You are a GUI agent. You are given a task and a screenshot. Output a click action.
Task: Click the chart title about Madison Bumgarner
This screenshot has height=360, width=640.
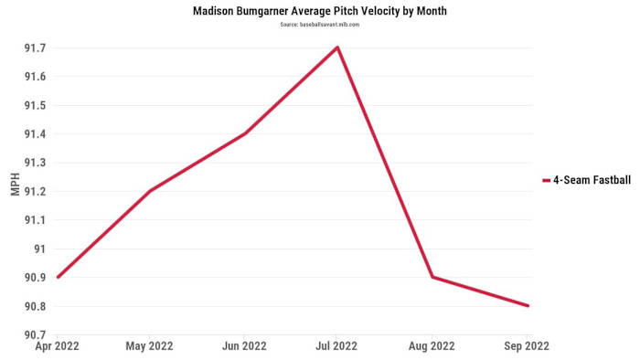320,11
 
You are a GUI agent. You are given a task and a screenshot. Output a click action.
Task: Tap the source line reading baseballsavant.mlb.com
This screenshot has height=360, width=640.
320,25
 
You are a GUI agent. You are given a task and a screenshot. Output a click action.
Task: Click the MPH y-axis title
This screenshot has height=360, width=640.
14,191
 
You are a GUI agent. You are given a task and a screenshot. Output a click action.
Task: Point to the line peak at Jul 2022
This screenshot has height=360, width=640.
338,48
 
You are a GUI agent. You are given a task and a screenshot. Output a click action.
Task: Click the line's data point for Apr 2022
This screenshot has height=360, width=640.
57,277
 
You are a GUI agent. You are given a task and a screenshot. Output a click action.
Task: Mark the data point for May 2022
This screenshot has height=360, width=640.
150,191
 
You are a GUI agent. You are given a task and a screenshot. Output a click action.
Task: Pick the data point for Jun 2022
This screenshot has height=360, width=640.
244,133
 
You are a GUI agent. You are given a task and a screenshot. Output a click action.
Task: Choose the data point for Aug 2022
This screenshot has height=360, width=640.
432,277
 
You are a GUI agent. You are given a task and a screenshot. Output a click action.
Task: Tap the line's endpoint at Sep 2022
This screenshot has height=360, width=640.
528,305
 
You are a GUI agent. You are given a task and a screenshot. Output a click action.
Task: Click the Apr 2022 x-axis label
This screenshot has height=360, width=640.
57,348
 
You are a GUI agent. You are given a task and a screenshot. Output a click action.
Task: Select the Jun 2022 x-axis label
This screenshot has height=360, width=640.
244,348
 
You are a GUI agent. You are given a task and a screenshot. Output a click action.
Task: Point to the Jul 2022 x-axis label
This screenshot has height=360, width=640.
338,348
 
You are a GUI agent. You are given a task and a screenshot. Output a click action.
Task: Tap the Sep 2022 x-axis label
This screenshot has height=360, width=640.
526,348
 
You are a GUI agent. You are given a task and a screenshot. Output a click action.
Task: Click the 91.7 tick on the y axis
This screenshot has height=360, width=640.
34,48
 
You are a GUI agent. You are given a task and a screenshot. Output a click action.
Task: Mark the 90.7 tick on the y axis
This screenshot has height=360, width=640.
34,334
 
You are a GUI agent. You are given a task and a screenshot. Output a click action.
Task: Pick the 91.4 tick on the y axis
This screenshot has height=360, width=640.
34,133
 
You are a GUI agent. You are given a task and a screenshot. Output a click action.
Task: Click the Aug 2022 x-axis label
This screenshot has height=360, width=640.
432,348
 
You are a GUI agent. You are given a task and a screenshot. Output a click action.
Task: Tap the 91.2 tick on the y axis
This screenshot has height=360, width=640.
34,191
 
